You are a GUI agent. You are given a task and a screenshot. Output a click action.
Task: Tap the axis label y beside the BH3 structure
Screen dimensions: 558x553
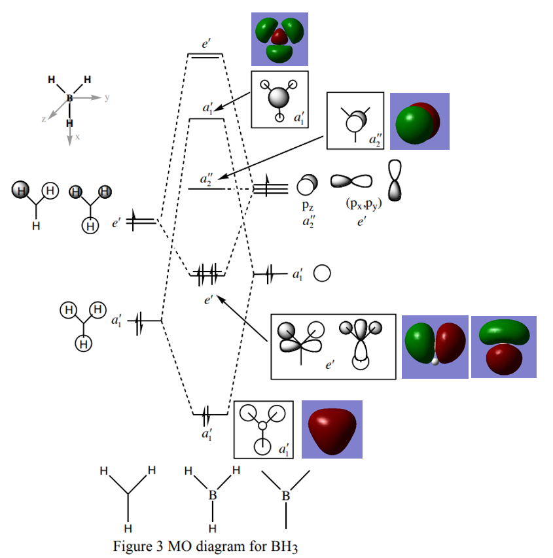[107, 97]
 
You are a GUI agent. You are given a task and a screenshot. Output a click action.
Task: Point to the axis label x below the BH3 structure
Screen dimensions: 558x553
[77, 137]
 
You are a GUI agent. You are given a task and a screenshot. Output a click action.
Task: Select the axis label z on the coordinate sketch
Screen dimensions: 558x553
[44, 120]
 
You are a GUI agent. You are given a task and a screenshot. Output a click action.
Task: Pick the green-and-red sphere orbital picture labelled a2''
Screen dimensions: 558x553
[419, 121]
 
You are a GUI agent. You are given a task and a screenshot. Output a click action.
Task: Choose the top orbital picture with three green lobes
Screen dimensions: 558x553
[279, 39]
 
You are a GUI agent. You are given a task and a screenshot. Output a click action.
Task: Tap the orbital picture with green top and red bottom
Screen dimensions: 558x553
[503, 347]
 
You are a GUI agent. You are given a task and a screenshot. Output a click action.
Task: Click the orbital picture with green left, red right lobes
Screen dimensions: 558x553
[435, 347]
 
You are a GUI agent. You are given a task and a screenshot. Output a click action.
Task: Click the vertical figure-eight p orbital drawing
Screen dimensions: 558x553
[395, 180]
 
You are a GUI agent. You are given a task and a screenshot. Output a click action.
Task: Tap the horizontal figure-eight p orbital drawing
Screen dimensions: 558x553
[351, 181]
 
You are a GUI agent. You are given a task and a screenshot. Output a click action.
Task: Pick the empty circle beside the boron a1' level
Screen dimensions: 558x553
[321, 273]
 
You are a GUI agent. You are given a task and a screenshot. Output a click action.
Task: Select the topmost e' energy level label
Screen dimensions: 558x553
[205, 44]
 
